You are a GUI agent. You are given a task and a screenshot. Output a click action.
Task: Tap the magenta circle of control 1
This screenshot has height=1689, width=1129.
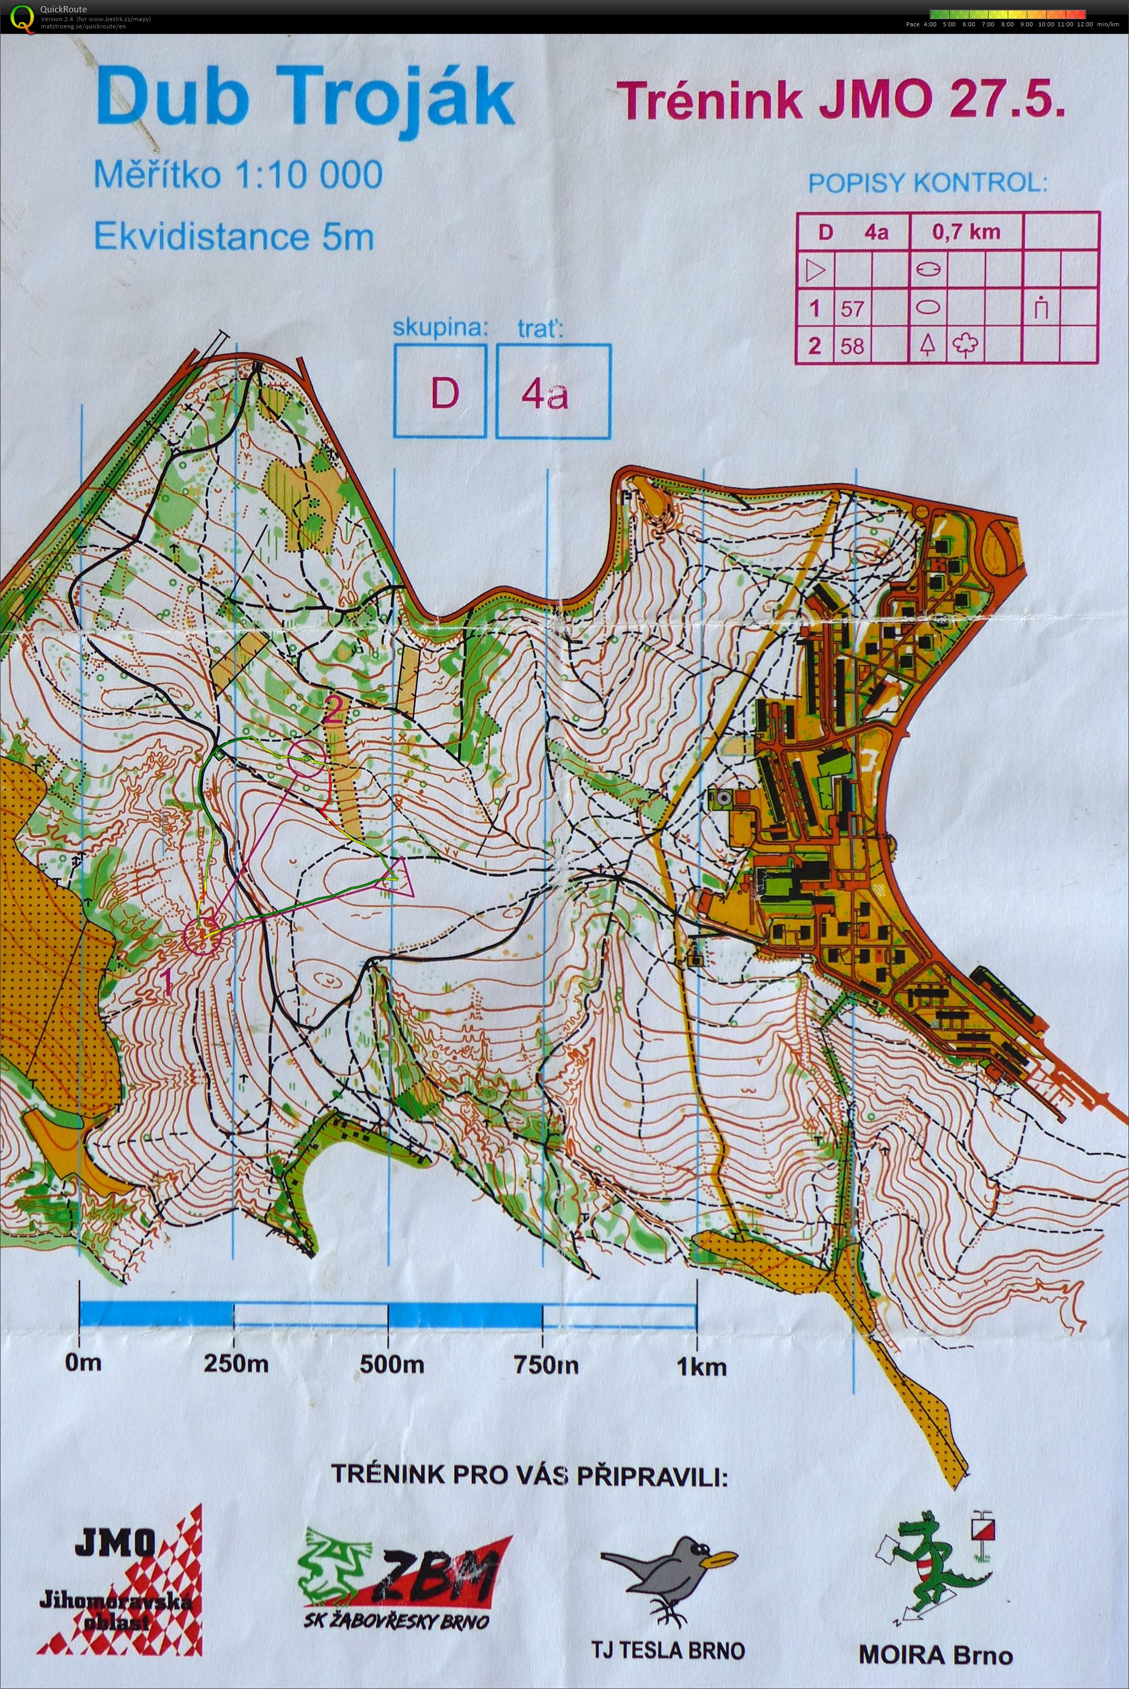click(x=202, y=935)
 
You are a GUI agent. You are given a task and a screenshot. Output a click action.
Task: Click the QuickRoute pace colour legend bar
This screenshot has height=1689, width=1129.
click(x=1007, y=13)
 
